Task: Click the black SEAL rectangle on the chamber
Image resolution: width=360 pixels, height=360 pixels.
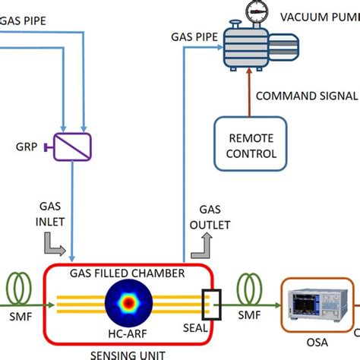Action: [x=209, y=304]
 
